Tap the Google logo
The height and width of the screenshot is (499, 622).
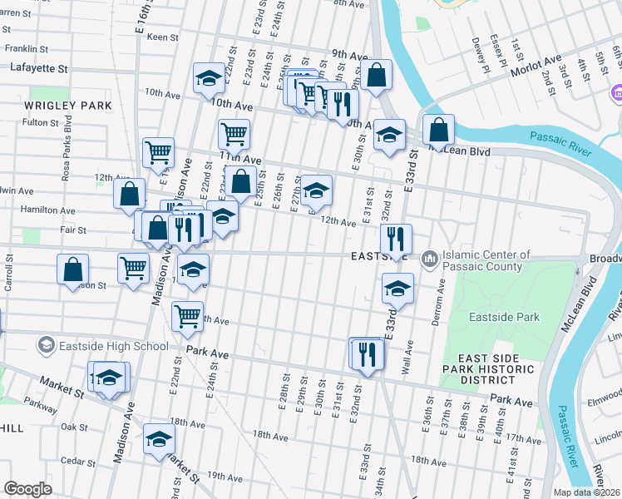tap(27, 489)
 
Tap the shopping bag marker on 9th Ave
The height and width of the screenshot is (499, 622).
tap(377, 75)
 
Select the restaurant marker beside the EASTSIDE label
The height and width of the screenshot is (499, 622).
tap(397, 239)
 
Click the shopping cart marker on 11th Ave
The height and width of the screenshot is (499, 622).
tap(234, 133)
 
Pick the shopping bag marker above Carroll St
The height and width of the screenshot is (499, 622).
tap(73, 269)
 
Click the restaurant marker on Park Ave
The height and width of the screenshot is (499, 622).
tap(366, 353)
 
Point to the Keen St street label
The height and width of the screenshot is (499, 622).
tap(162, 37)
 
